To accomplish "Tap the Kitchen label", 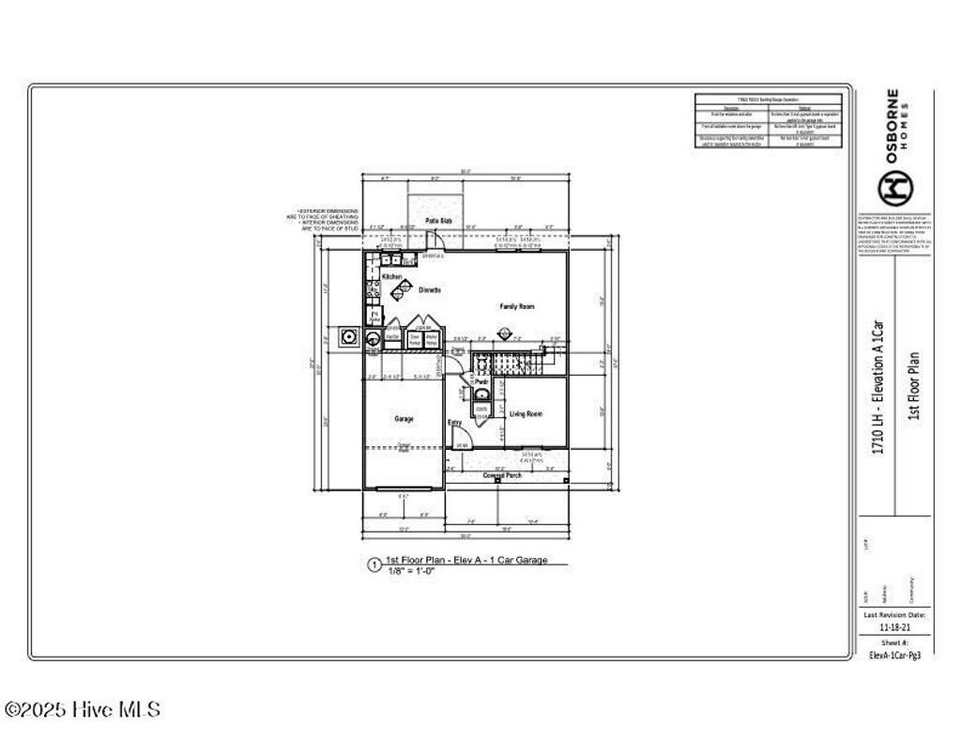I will pyautogui.click(x=391, y=277).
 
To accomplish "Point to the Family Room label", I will pyautogui.click(x=516, y=307).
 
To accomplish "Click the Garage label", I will pyautogui.click(x=404, y=419).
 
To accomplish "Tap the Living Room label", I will pyautogui.click(x=526, y=414).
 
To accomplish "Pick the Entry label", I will pyautogui.click(x=454, y=423).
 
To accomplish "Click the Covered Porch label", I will pyautogui.click(x=502, y=475).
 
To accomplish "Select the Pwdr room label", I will pyautogui.click(x=480, y=383).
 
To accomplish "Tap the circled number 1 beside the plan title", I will pyautogui.click(x=374, y=565).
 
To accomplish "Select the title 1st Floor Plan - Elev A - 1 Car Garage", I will pyautogui.click(x=465, y=560).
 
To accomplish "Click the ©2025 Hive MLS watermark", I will pyautogui.click(x=82, y=710).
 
